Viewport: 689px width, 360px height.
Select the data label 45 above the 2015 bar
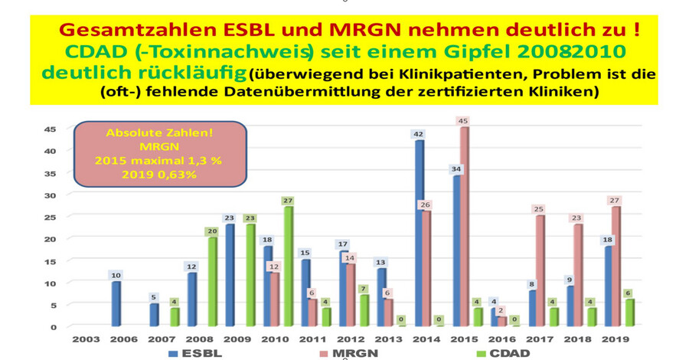[462, 121]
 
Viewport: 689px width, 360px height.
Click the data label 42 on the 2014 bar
[418, 134]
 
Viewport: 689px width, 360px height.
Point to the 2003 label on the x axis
[86, 339]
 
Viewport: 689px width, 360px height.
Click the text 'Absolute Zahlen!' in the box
[159, 133]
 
